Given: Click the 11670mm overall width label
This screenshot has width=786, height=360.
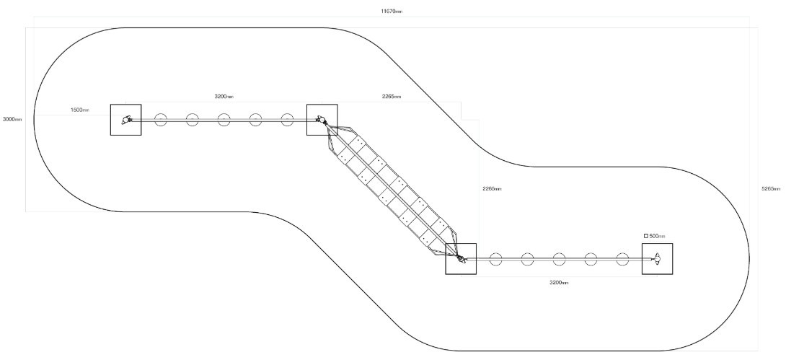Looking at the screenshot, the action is pyautogui.click(x=392, y=11).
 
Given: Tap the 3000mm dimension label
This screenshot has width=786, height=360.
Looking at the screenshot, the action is pyautogui.click(x=12, y=119).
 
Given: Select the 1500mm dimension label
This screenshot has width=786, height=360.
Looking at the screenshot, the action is pyautogui.click(x=80, y=110).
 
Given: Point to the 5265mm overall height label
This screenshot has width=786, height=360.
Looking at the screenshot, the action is pyautogui.click(x=771, y=188).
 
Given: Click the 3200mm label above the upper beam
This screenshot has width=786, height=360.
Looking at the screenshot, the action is pyautogui.click(x=224, y=96).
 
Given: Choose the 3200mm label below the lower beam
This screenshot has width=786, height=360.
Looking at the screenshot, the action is pyautogui.click(x=559, y=283).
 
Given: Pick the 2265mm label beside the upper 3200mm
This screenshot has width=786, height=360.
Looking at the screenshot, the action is pyautogui.click(x=392, y=96).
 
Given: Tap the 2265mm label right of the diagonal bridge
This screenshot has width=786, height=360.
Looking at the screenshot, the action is pyautogui.click(x=493, y=188).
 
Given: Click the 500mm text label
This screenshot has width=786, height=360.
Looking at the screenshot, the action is pyautogui.click(x=657, y=236).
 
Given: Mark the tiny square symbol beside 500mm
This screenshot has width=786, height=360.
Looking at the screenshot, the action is pyautogui.click(x=646, y=236).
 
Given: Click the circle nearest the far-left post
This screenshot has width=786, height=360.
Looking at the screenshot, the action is pyautogui.click(x=160, y=114).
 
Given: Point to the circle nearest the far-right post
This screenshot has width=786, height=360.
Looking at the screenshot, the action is pyautogui.click(x=622, y=253).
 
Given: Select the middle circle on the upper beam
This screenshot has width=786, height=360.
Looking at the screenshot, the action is pyautogui.click(x=224, y=114).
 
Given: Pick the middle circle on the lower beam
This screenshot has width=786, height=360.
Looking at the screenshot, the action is pyautogui.click(x=559, y=253).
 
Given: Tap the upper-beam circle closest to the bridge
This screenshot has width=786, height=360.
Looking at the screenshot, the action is pyautogui.click(x=287, y=114).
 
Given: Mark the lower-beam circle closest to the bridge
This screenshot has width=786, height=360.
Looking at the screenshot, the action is pyautogui.click(x=495, y=253).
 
